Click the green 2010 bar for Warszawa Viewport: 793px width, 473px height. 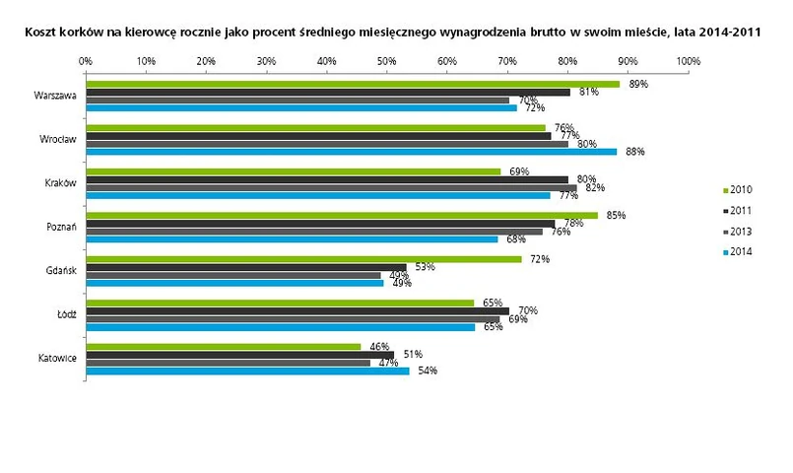(353, 84)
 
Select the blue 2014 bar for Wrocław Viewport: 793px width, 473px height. (351, 151)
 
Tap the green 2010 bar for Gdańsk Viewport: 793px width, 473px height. (303, 259)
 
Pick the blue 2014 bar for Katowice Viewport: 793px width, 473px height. (247, 371)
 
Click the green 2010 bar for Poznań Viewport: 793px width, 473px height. (341, 215)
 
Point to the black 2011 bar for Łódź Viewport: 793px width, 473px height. (297, 310)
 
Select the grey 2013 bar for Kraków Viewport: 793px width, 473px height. (331, 187)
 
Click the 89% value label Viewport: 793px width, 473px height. (638, 84)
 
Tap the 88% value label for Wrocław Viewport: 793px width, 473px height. (634, 151)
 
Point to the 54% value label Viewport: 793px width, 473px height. (427, 372)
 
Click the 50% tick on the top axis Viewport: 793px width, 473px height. (387, 61)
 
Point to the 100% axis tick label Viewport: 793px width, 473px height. (688, 61)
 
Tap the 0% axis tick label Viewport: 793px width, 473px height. (86, 61)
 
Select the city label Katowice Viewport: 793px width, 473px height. (55, 359)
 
